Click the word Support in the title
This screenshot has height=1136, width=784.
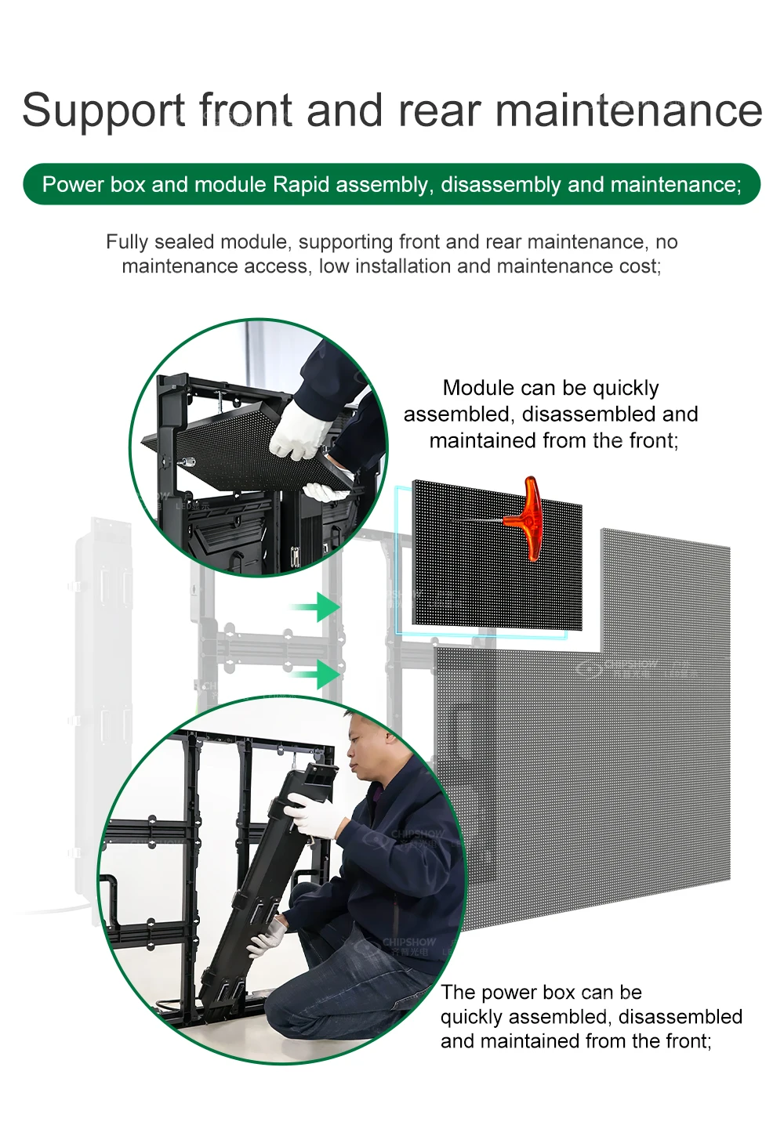[x=103, y=110]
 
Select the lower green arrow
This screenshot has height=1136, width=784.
[x=319, y=673]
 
